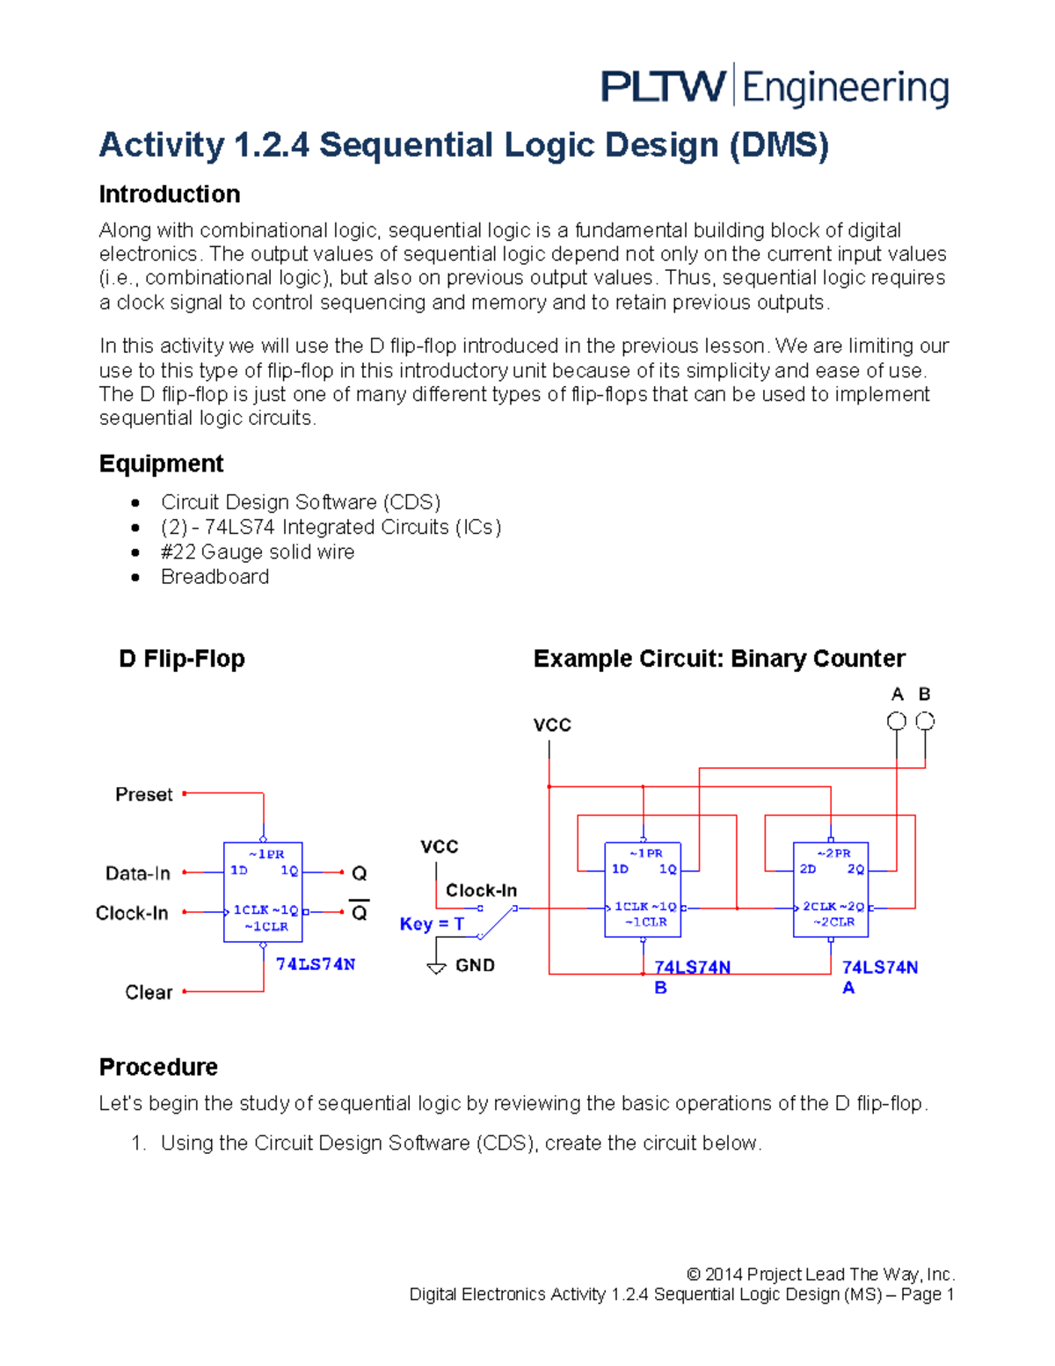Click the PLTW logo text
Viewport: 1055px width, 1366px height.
click(663, 87)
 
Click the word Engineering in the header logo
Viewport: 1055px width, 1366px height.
click(845, 89)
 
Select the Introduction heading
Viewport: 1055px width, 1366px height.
click(170, 194)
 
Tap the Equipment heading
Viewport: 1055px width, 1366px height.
click(161, 464)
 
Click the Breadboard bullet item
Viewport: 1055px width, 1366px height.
click(215, 577)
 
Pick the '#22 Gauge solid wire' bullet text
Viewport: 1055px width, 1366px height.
click(258, 552)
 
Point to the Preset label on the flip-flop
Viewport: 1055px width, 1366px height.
click(143, 794)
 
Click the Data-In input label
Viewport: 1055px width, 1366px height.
click(137, 873)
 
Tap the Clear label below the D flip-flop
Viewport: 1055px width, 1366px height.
click(149, 992)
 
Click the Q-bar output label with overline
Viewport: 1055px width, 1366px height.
click(359, 912)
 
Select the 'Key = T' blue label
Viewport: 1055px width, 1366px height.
click(431, 924)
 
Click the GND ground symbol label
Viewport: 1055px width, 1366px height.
click(474, 965)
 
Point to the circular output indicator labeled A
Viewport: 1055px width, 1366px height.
click(896, 721)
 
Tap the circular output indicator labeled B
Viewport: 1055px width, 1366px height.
click(925, 721)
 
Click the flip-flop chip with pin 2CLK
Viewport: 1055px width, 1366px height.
click(830, 889)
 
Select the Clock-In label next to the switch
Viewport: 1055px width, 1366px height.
click(481, 890)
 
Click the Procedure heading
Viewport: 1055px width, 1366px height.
click(158, 1067)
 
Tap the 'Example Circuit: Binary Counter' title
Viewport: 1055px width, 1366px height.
click(718, 659)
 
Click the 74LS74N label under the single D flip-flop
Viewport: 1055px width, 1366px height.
click(315, 964)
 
